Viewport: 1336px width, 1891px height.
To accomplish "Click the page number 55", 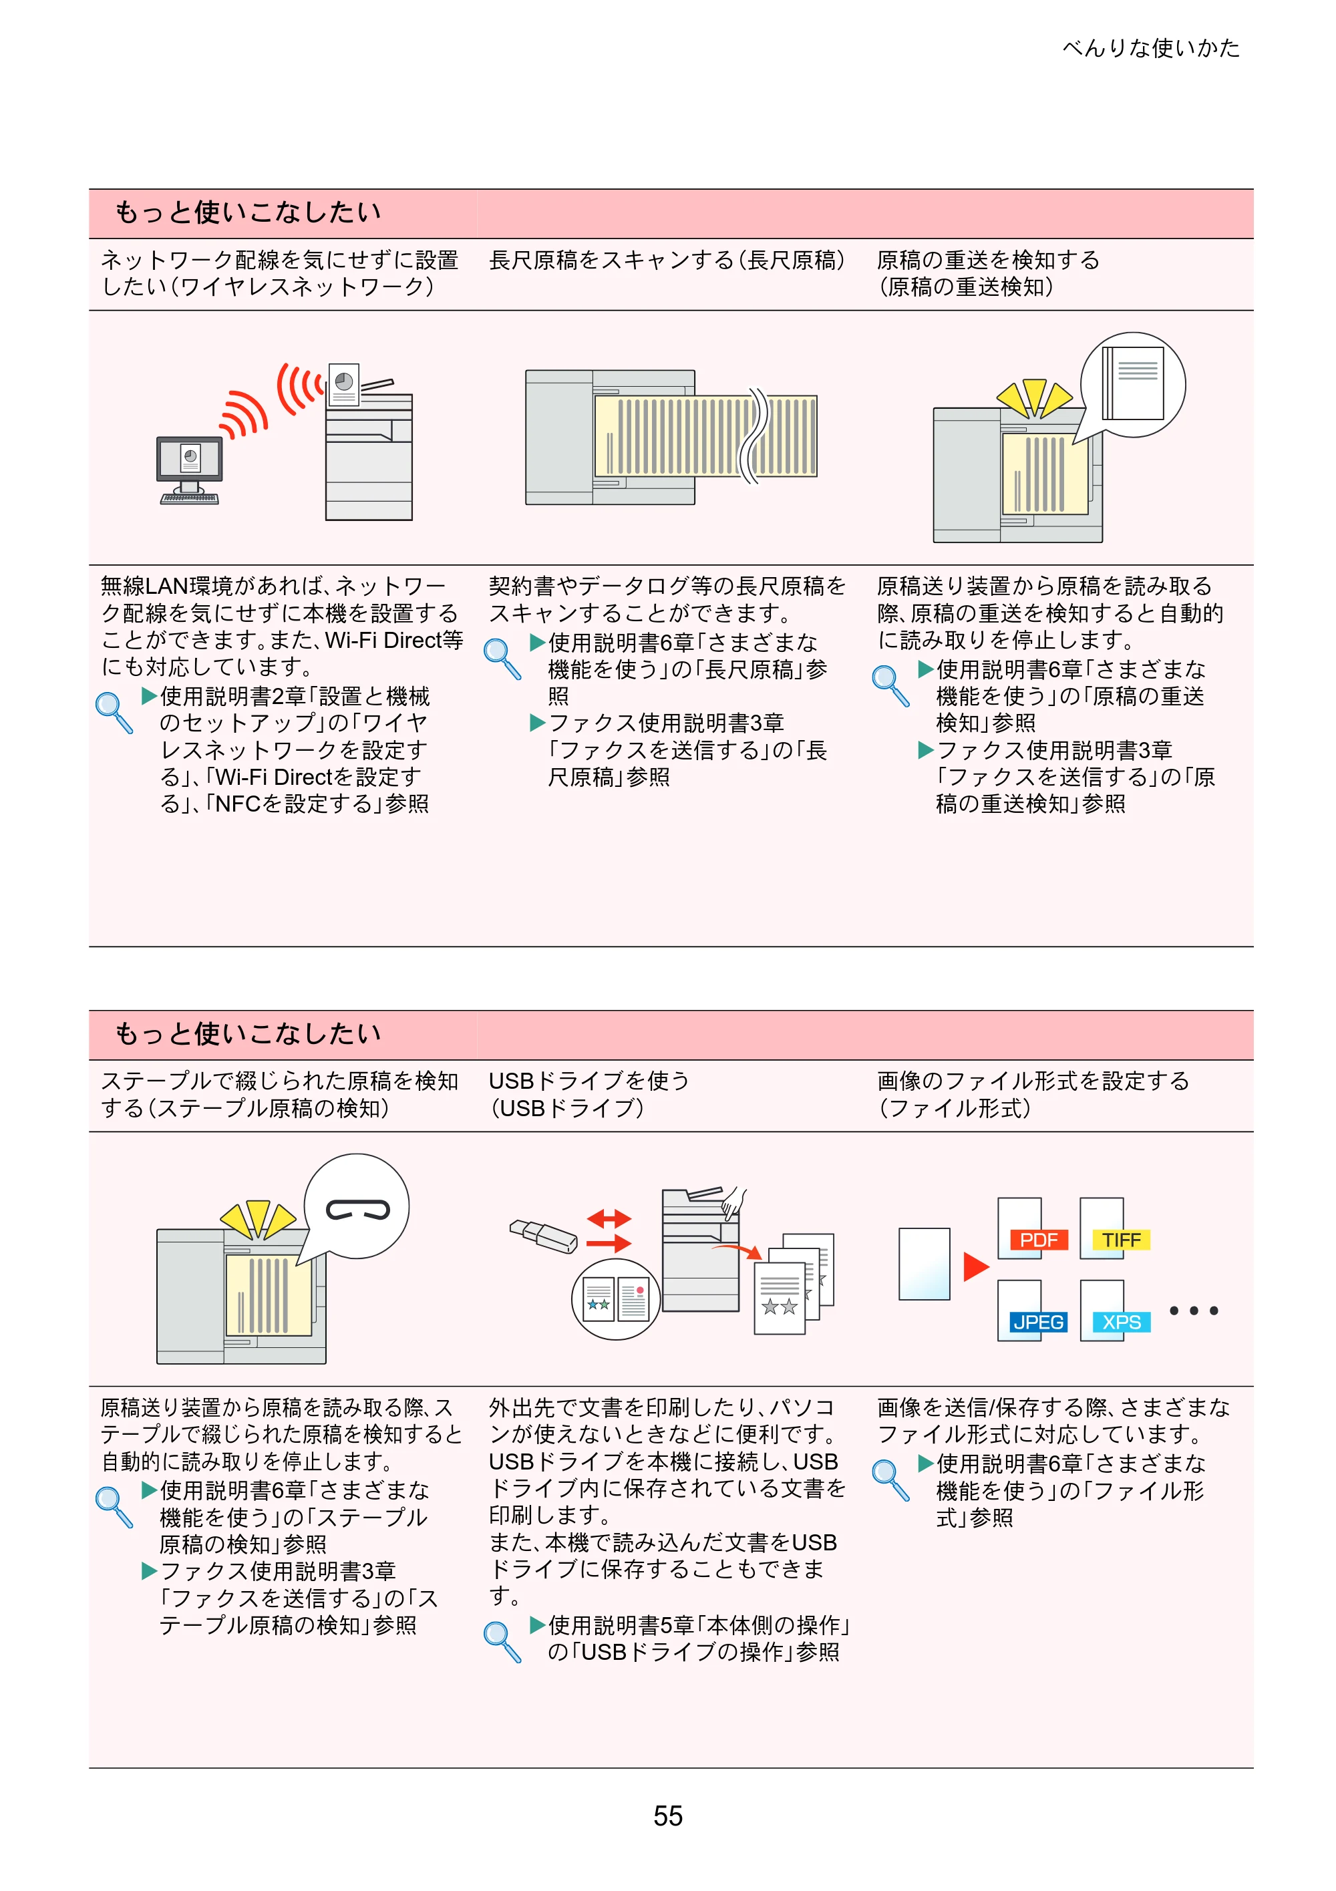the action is tap(668, 1816).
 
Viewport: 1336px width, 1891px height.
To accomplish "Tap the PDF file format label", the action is tap(1039, 1240).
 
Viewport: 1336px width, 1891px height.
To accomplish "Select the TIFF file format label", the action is tap(1121, 1240).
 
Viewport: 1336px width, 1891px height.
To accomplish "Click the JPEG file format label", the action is tap(1039, 1322).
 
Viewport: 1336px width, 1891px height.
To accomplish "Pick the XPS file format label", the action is tap(1121, 1322).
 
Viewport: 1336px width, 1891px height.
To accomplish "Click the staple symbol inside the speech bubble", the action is tap(357, 1210).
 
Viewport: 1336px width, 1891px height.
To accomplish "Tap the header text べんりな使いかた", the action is tap(1151, 48).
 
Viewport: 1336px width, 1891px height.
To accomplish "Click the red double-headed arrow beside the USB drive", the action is tap(609, 1218).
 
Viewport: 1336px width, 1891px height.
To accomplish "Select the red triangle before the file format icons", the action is tap(976, 1266).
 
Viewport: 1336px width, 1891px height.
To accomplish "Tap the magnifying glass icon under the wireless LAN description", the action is tap(114, 711).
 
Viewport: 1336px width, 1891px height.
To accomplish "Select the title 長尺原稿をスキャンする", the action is tap(609, 261).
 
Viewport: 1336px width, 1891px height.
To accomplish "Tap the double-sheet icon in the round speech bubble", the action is tap(1134, 385).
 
